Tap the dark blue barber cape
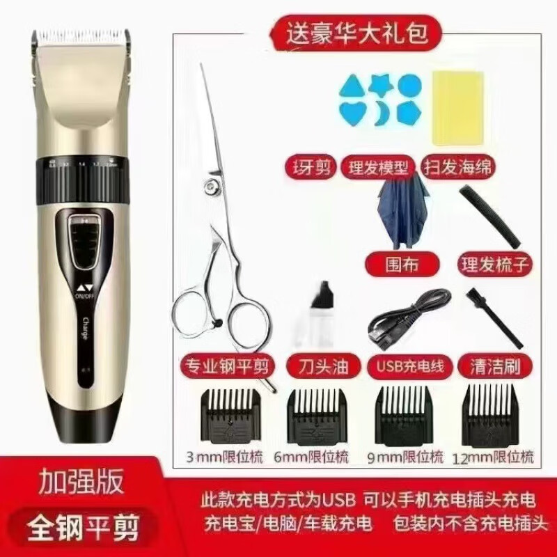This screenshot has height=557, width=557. pos(401,212)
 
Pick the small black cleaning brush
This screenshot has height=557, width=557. pos(495,316)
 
